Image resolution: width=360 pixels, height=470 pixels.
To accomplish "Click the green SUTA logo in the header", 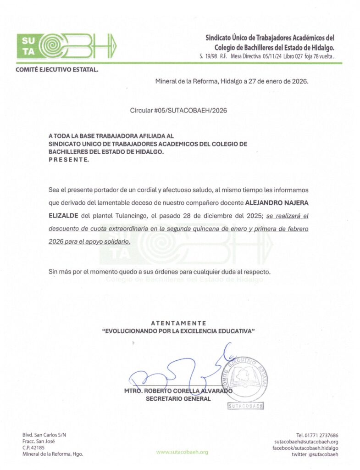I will (66, 46).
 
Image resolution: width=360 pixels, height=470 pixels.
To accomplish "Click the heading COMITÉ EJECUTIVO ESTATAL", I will (57, 70).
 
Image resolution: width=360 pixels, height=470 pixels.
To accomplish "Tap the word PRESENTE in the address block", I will (68, 160).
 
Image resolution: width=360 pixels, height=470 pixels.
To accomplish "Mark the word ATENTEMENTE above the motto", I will (178, 323).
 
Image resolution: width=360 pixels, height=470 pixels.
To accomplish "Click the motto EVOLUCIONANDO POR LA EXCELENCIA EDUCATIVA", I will (178, 331).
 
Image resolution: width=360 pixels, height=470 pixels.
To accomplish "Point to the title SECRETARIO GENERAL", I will (178, 399).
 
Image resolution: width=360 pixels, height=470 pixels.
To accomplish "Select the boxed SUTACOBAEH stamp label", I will (246, 406).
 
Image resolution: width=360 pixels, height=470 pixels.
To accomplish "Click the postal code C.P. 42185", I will (33, 448).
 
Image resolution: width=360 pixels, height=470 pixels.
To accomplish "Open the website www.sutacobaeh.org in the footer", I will (182, 452).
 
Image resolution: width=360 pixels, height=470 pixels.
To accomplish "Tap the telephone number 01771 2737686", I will (317, 435).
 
